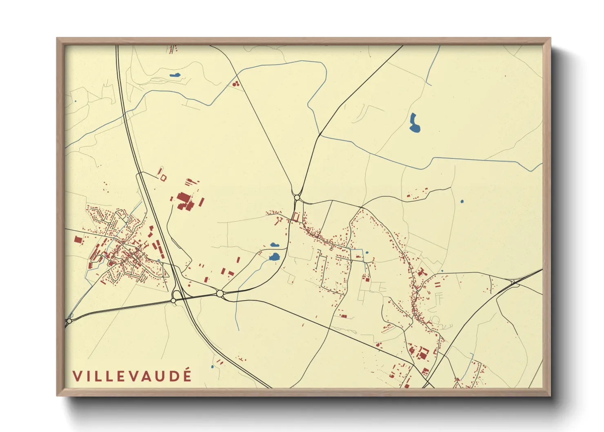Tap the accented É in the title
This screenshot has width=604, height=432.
click(x=187, y=375)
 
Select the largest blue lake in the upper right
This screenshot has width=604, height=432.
click(x=414, y=123)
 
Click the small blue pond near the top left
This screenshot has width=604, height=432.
click(x=175, y=75)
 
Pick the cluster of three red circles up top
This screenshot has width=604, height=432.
click(x=235, y=84)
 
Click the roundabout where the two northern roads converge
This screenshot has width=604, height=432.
click(x=297, y=198)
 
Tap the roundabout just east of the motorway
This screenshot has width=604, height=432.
click(x=220, y=293)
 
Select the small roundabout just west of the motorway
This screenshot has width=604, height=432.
click(x=173, y=301)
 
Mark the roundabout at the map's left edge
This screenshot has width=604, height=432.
click(x=69, y=321)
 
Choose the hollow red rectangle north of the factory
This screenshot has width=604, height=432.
click(x=163, y=178)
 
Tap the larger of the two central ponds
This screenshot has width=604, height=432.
click(x=274, y=257)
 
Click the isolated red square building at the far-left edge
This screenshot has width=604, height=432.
click(x=78, y=239)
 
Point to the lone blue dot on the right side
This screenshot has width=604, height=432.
click(x=462, y=201)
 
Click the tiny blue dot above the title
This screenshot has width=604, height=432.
click(x=212, y=367)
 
